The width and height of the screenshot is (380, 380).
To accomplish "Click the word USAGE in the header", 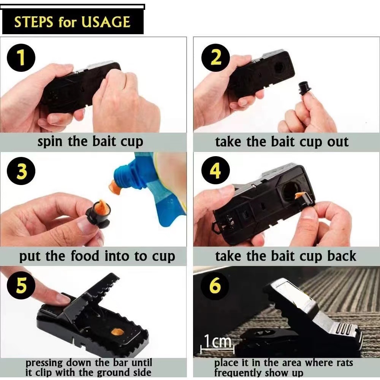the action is point(106,22).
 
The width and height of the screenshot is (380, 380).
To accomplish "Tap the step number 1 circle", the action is point(21,58).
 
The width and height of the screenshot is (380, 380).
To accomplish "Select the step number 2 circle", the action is point(216,58).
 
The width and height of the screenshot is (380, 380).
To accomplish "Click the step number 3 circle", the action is point(21,171).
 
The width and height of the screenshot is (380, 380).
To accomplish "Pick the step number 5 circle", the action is point(21,285).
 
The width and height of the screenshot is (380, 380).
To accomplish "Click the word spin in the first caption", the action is point(50,142).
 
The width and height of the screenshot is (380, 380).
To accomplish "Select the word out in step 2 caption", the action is point(338,142).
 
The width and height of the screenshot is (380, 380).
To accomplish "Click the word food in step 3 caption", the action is point(85,256).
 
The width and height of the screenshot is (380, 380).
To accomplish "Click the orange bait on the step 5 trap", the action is point(117,332).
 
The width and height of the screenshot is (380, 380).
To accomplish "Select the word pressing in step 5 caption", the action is point(44,363).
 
